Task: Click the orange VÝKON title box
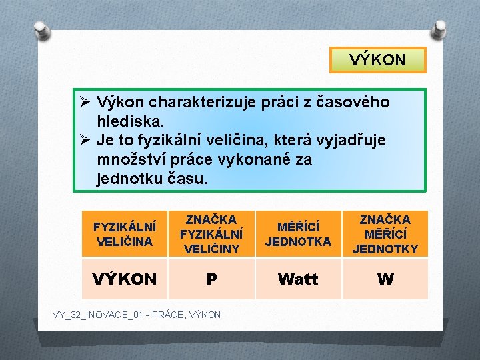(x=377, y=60)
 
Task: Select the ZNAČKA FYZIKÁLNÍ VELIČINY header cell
(x=211, y=234)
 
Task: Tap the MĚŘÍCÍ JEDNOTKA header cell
(x=298, y=234)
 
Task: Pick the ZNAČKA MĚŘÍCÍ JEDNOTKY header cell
(x=385, y=234)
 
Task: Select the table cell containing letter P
(x=211, y=279)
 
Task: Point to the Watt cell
(x=298, y=279)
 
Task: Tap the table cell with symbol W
(x=385, y=279)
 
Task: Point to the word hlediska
(x=130, y=122)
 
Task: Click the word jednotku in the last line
(x=130, y=179)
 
